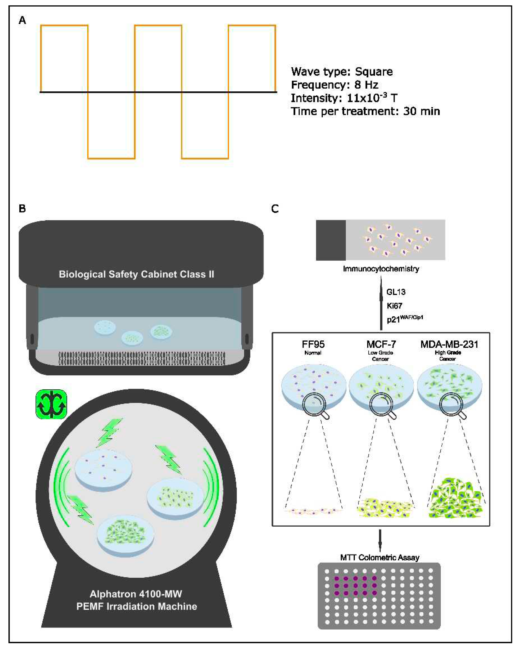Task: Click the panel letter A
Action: coord(22,20)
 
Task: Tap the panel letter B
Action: coord(22,209)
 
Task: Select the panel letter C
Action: coord(275,209)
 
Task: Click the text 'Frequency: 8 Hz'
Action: coord(334,85)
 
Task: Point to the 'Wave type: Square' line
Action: coord(342,72)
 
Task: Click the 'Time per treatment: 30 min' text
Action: coord(365,111)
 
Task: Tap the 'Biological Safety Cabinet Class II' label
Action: coord(137,274)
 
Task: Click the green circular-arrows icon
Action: coord(51,404)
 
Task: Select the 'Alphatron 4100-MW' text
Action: coord(136,594)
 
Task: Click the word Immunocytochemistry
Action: coord(381,269)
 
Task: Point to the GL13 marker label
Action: coord(396,292)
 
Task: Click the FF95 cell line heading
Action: coord(313,344)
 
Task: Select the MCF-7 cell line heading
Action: coord(381,344)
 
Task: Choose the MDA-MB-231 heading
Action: coord(449,344)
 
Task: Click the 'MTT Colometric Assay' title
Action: coord(380,557)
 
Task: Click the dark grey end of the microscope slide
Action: coord(331,240)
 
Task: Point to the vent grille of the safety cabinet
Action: coord(142,358)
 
